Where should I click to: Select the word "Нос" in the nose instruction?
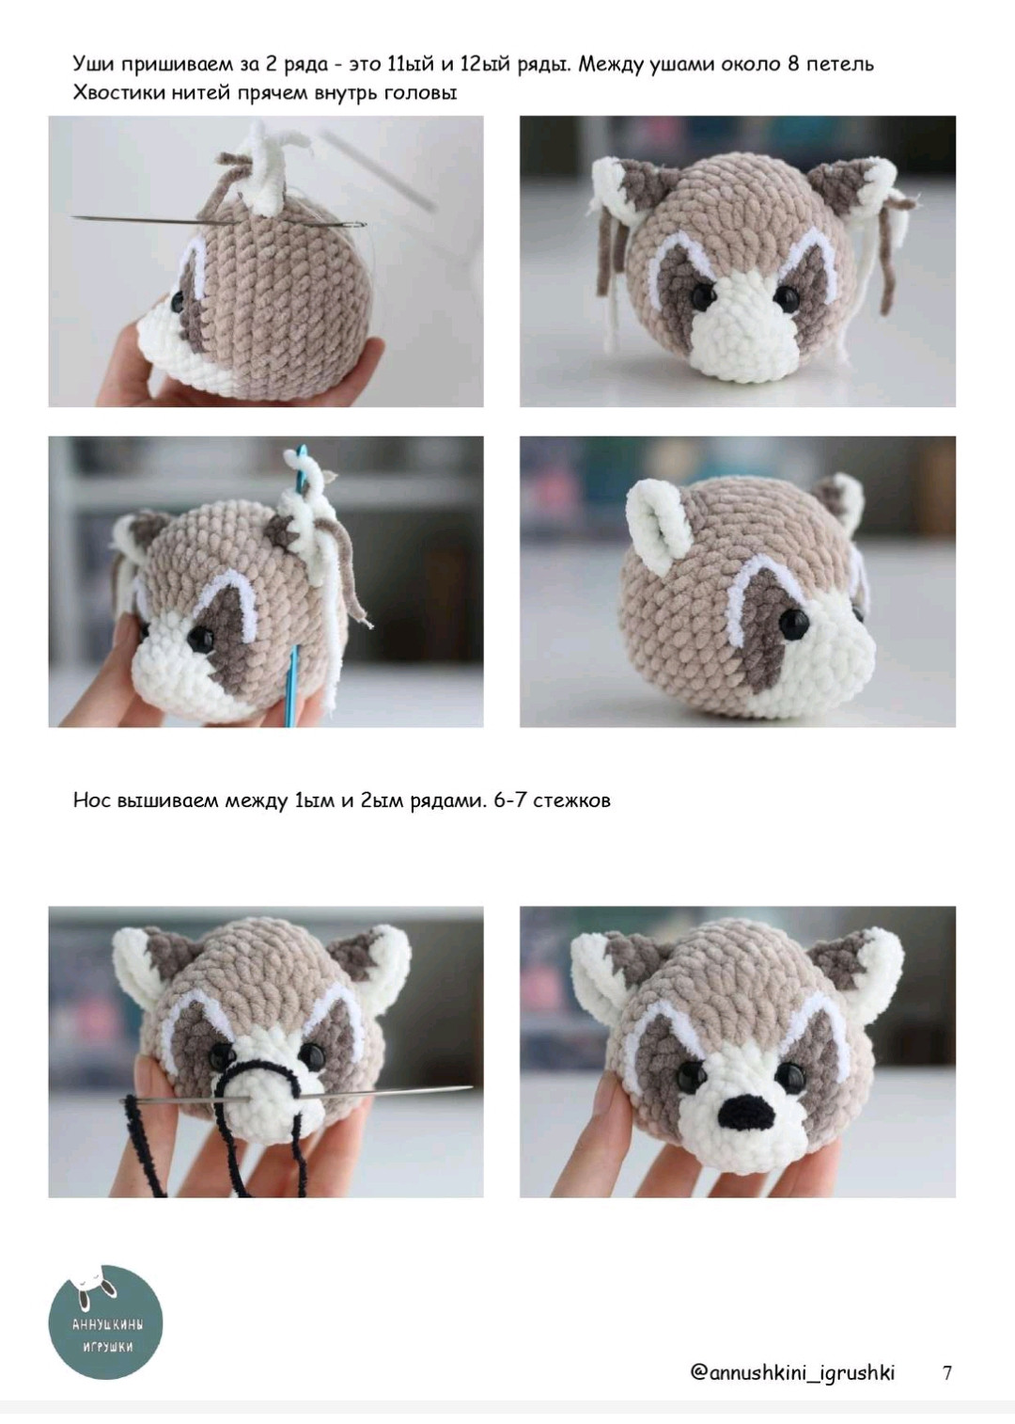click(x=91, y=800)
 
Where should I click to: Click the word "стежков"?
click(x=572, y=800)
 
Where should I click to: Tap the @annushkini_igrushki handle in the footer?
click(x=792, y=1372)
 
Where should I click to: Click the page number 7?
click(x=947, y=1372)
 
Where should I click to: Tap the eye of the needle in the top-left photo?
click(x=358, y=225)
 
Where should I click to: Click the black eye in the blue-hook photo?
click(x=199, y=637)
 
